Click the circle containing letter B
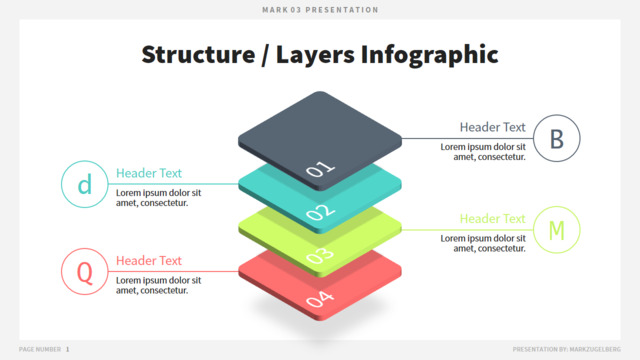(534, 138)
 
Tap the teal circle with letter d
(62, 184)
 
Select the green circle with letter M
(534, 230)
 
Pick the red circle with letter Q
(62, 271)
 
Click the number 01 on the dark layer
(320, 168)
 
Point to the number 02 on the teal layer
(320, 212)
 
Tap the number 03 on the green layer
(320, 256)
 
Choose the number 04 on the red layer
(320, 299)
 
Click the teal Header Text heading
(149, 173)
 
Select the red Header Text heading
(149, 260)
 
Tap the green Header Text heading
(493, 219)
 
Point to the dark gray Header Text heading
(493, 127)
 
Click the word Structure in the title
(198, 54)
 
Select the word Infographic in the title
(429, 55)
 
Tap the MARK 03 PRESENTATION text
(320, 10)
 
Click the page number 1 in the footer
(67, 349)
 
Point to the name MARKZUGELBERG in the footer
(595, 349)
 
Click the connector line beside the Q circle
(173, 271)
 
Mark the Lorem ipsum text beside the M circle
(483, 243)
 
